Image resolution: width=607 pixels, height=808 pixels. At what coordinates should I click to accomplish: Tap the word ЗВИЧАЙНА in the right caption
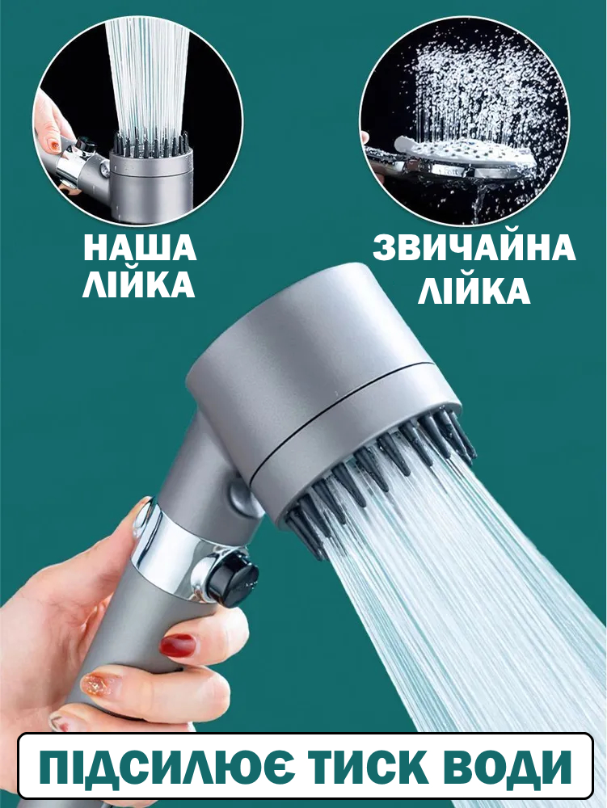474,248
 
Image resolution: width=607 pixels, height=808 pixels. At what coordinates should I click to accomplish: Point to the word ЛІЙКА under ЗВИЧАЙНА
474,290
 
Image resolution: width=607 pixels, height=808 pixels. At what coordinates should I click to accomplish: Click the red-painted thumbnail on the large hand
177,645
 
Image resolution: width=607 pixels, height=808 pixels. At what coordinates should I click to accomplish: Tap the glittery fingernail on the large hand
100,683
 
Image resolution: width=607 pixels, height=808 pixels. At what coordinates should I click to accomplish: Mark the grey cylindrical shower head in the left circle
149,174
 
